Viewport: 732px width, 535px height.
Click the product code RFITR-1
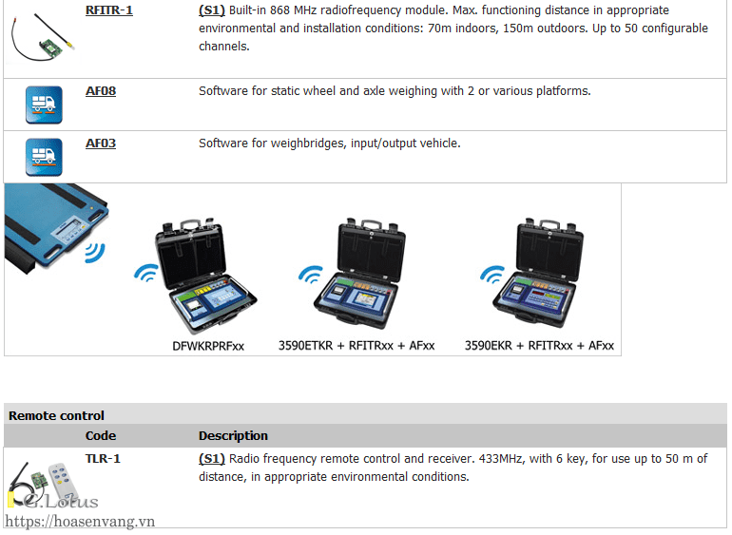(108, 11)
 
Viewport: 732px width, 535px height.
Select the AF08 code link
(101, 91)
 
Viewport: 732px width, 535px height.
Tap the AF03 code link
(101, 143)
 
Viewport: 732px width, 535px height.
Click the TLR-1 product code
(103, 459)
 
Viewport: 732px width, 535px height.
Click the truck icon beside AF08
(44, 105)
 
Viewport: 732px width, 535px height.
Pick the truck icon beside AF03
(44, 157)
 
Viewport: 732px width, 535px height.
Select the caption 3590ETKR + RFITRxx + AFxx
(356, 346)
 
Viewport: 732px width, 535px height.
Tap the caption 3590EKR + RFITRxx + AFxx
(539, 346)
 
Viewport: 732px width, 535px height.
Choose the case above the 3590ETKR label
(366, 276)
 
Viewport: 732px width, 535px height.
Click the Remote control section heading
(56, 415)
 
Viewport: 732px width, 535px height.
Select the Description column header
(233, 436)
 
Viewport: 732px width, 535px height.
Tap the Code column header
(101, 436)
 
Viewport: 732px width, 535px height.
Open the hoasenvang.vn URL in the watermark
(80, 522)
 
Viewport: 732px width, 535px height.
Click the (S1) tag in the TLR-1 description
(211, 459)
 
